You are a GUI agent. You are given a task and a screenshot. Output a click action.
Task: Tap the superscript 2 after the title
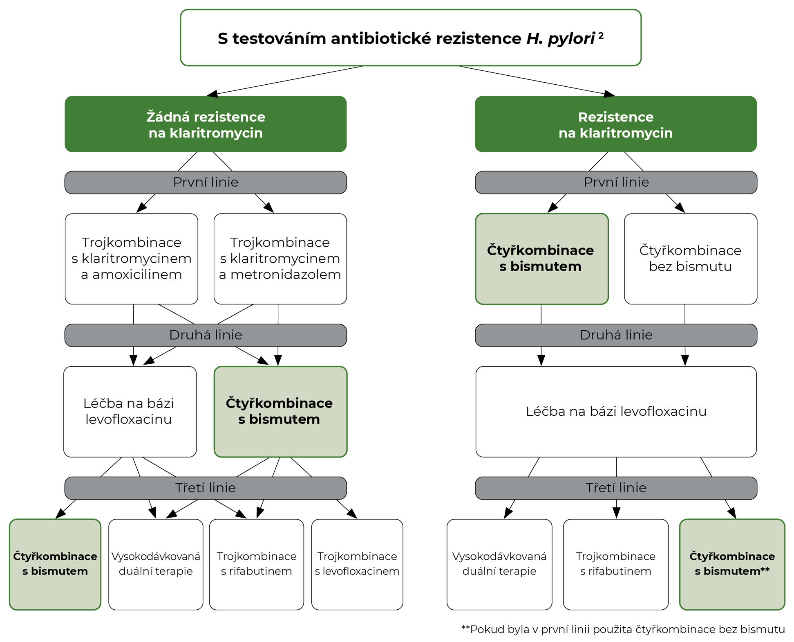tap(601, 36)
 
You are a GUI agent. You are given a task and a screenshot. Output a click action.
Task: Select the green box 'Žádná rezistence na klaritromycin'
tap(206, 124)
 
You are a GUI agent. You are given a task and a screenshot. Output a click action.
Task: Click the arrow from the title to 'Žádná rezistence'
tap(286, 81)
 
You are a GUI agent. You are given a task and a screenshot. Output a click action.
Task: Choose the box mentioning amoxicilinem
tap(131, 259)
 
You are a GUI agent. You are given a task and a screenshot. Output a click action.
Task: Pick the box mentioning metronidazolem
tap(280, 259)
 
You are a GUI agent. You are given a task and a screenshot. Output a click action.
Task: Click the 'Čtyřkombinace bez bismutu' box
tap(690, 259)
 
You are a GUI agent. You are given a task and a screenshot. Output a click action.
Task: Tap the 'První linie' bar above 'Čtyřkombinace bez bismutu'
tap(616, 182)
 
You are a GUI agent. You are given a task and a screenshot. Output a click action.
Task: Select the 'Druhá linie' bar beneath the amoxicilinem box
tap(206, 335)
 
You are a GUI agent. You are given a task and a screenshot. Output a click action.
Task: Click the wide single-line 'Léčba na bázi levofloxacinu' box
tap(616, 411)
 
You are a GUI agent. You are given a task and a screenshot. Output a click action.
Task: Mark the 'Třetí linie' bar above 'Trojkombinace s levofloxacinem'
tap(206, 488)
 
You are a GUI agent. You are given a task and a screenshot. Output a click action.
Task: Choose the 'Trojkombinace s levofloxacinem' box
tap(357, 564)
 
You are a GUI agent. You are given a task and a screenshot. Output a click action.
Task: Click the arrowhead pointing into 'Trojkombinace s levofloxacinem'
tap(353, 514)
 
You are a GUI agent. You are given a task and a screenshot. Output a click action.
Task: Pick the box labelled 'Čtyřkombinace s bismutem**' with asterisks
tap(732, 564)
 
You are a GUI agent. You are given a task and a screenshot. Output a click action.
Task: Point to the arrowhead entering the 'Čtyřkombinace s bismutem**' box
tap(733, 514)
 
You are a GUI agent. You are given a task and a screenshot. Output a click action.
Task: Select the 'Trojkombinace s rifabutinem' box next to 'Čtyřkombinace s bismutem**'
tap(615, 564)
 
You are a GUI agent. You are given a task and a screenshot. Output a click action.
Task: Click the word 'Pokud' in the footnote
tap(485, 629)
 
